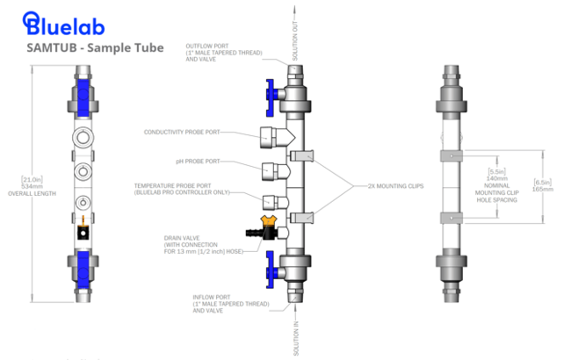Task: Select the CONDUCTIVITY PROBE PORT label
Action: coord(182,133)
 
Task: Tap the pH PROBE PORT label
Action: coord(199,162)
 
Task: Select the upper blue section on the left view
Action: coord(83,94)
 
